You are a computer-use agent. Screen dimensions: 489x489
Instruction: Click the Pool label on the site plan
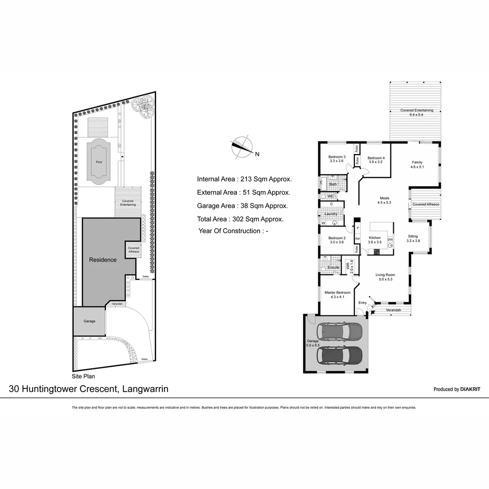click(99, 162)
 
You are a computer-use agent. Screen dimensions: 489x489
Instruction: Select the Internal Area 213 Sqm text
click(244, 179)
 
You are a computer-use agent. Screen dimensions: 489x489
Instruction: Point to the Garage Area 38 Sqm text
click(242, 206)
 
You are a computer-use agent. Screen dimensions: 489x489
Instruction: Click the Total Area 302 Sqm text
click(240, 219)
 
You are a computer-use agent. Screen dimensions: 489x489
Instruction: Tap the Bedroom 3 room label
click(337, 159)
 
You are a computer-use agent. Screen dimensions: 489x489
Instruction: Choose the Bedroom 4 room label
click(375, 159)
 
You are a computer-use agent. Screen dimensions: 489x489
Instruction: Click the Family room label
click(417, 164)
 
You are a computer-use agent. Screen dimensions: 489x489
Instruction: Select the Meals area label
click(384, 200)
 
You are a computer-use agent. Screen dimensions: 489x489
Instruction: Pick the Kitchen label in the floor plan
click(374, 240)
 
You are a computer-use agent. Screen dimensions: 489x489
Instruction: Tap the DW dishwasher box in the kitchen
click(390, 240)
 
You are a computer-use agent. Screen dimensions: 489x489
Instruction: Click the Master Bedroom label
click(337, 295)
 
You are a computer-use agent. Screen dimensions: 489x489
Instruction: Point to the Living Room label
click(385, 277)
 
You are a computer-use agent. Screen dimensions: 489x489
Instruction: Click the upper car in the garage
click(340, 332)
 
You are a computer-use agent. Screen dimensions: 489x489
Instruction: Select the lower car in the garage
click(340, 356)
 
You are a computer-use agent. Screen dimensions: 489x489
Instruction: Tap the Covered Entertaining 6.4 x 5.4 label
click(416, 112)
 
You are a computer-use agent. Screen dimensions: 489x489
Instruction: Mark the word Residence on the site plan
click(102, 260)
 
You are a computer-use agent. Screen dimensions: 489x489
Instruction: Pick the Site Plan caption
click(83, 376)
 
